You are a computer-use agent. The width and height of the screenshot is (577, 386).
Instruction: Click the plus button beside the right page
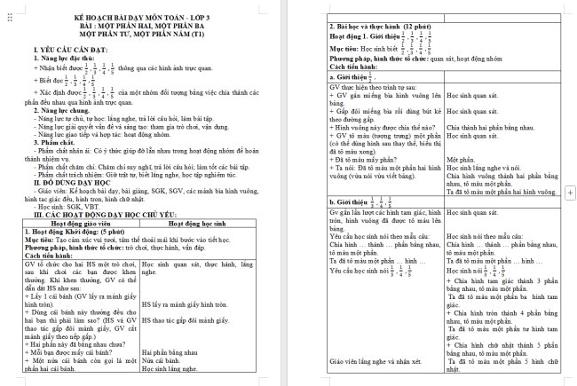pyautogui.click(x=568, y=193)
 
